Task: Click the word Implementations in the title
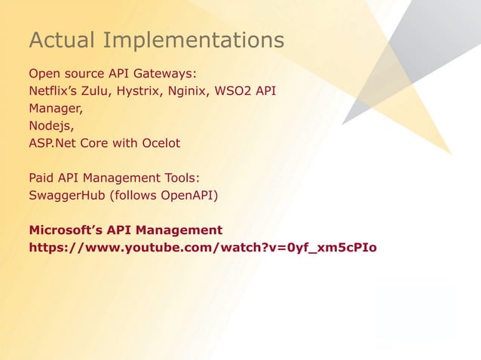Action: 194,41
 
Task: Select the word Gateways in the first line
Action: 167,75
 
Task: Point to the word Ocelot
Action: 158,143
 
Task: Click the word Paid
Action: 42,178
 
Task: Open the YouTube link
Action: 202,247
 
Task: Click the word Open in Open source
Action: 44,75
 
